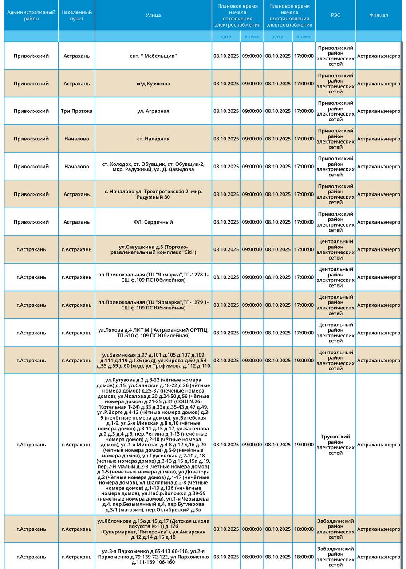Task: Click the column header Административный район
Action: tap(31, 16)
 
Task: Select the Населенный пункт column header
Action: tap(76, 16)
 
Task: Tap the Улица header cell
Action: tap(153, 16)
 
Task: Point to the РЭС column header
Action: tap(335, 16)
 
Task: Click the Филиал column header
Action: tap(378, 16)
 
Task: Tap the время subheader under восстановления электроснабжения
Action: tap(304, 36)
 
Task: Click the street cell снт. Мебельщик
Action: tap(153, 56)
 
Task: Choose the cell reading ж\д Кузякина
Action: tap(153, 84)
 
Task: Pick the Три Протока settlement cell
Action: tap(76, 111)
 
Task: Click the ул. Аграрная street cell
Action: tap(153, 111)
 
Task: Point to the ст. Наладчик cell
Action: tap(153, 139)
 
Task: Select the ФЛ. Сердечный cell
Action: tap(153, 222)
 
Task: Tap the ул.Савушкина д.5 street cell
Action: tap(153, 249)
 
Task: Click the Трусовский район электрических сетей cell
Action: tap(335, 445)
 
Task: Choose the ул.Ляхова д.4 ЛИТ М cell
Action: tap(153, 333)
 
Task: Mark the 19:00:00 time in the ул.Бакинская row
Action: tap(304, 361)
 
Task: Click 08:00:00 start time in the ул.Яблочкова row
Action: tap(252, 529)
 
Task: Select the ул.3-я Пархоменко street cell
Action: tap(153, 557)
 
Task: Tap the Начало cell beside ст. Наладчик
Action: tap(76, 139)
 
